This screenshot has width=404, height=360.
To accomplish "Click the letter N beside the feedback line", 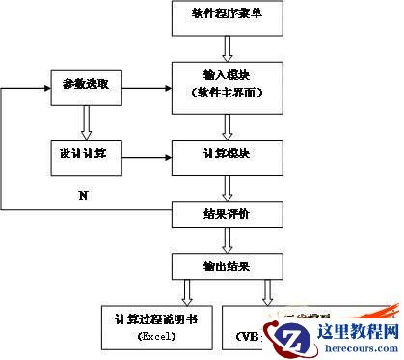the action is [83, 197].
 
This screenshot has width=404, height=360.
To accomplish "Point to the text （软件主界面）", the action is [228, 92].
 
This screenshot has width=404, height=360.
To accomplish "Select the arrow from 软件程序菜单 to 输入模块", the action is [228, 46].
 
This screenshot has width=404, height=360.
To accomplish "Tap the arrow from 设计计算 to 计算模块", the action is [145, 155].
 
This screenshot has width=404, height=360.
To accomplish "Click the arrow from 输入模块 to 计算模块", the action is [228, 124].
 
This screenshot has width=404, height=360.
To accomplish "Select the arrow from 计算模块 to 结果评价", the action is [228, 185].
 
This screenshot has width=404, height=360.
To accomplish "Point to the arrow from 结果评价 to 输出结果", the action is [228, 237].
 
